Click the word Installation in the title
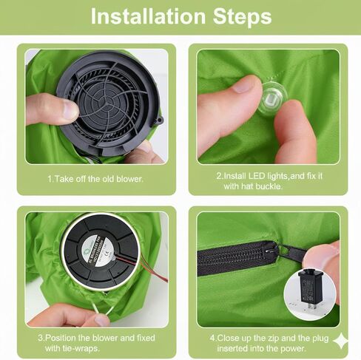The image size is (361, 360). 148,17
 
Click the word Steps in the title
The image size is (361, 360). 242,17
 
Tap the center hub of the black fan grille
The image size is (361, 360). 104,100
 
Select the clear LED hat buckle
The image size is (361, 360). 272,98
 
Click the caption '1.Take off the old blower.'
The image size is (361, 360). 95,179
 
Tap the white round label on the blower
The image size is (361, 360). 100,249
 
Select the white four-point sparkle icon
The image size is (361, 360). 341,341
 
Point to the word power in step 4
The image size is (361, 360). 294,349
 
